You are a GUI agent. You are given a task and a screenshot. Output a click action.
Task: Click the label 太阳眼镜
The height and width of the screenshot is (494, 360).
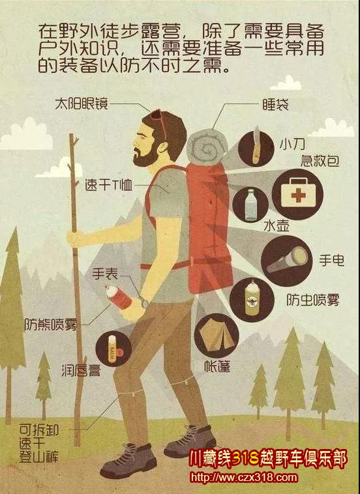point(82,104)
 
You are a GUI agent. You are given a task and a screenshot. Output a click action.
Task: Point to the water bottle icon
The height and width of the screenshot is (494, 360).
point(250,205)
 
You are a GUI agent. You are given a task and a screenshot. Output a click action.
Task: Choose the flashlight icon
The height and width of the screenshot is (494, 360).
point(287,259)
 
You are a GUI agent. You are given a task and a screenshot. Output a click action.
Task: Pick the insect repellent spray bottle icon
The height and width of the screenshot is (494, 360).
point(252,298)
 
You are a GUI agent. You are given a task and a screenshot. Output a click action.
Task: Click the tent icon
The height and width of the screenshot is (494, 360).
point(217,334)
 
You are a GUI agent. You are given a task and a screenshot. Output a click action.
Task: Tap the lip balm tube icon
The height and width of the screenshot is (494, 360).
point(112,349)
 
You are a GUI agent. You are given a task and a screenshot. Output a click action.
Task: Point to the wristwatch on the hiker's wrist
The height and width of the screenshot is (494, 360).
point(144,303)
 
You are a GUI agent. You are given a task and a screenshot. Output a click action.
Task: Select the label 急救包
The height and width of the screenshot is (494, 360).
point(320,161)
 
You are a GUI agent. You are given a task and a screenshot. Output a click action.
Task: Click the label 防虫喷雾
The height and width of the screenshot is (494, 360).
point(313,300)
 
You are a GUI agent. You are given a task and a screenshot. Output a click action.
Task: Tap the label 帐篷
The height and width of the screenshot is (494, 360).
point(217,366)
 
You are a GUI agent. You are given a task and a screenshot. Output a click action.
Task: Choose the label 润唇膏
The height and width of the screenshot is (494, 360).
point(81,370)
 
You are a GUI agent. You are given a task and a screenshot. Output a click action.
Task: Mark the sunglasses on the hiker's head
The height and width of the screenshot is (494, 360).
point(158,121)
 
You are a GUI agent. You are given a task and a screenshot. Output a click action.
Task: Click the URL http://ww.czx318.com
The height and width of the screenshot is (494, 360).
point(243,478)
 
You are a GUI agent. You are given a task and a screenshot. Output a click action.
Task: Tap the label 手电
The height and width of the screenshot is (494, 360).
point(331,260)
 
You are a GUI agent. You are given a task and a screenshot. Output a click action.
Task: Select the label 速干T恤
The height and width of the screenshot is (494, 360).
point(108,185)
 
